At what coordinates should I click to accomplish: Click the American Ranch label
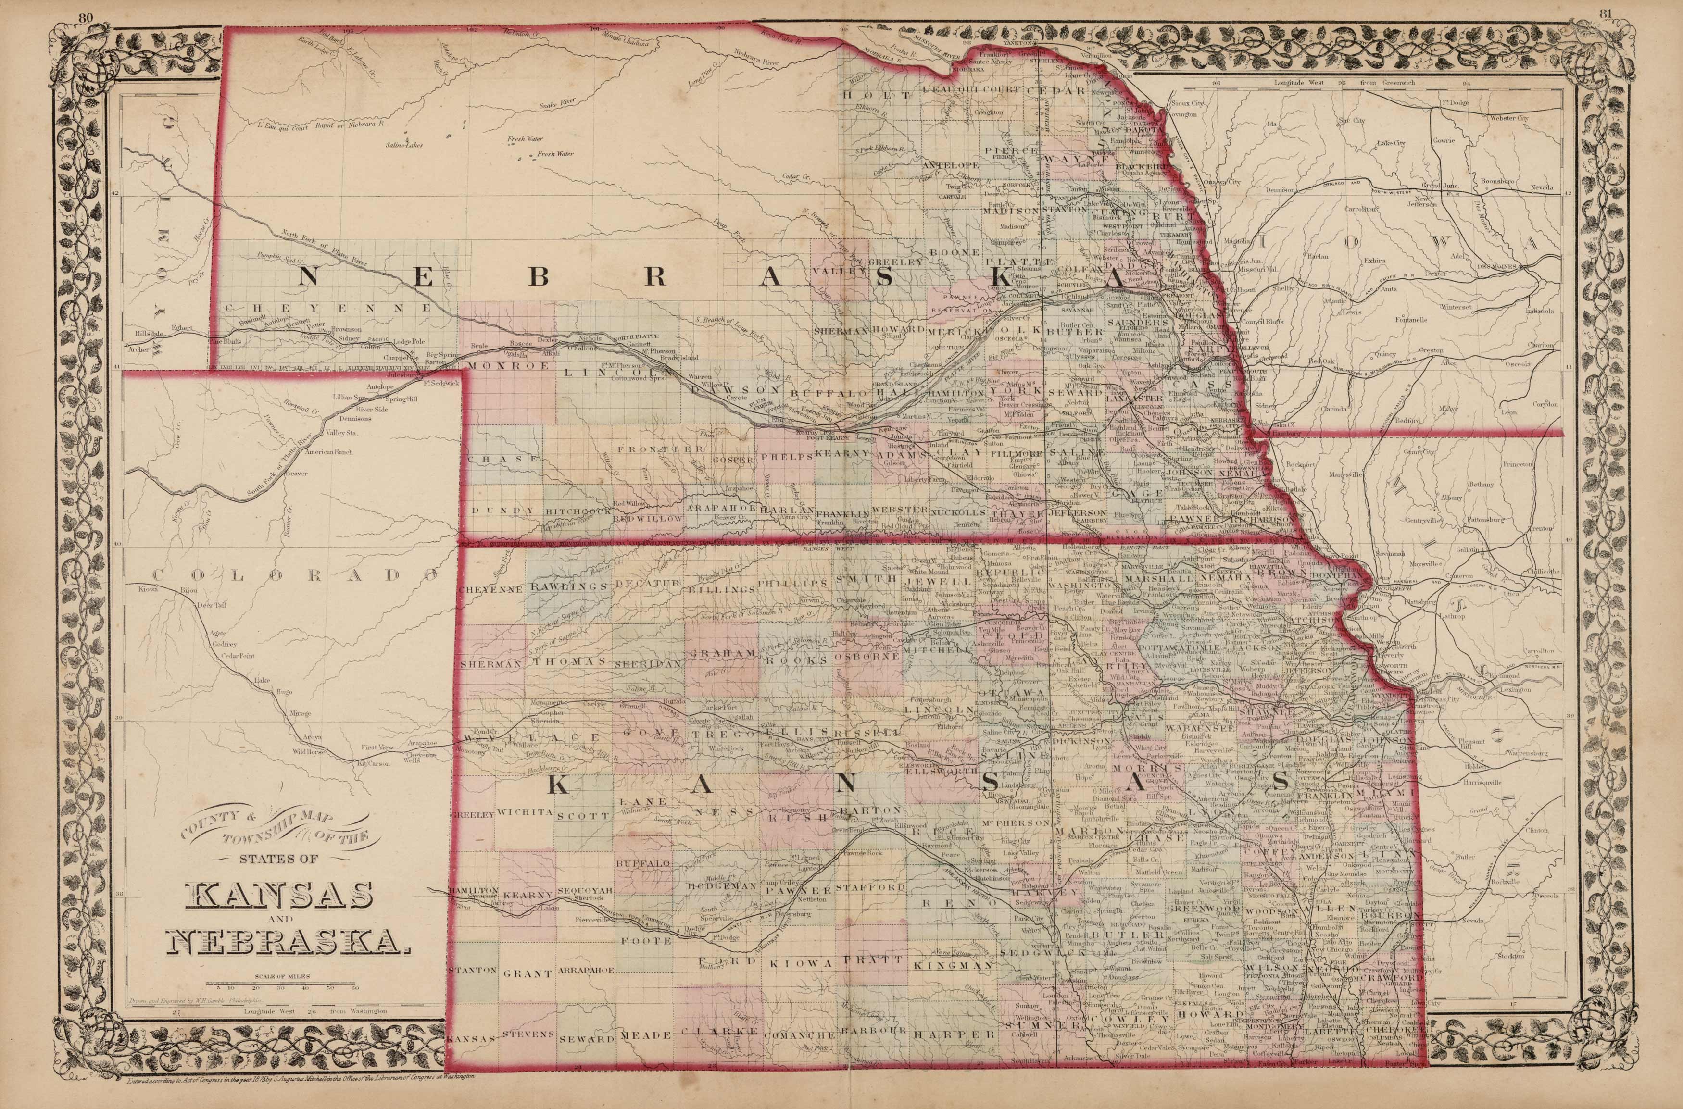[329, 452]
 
